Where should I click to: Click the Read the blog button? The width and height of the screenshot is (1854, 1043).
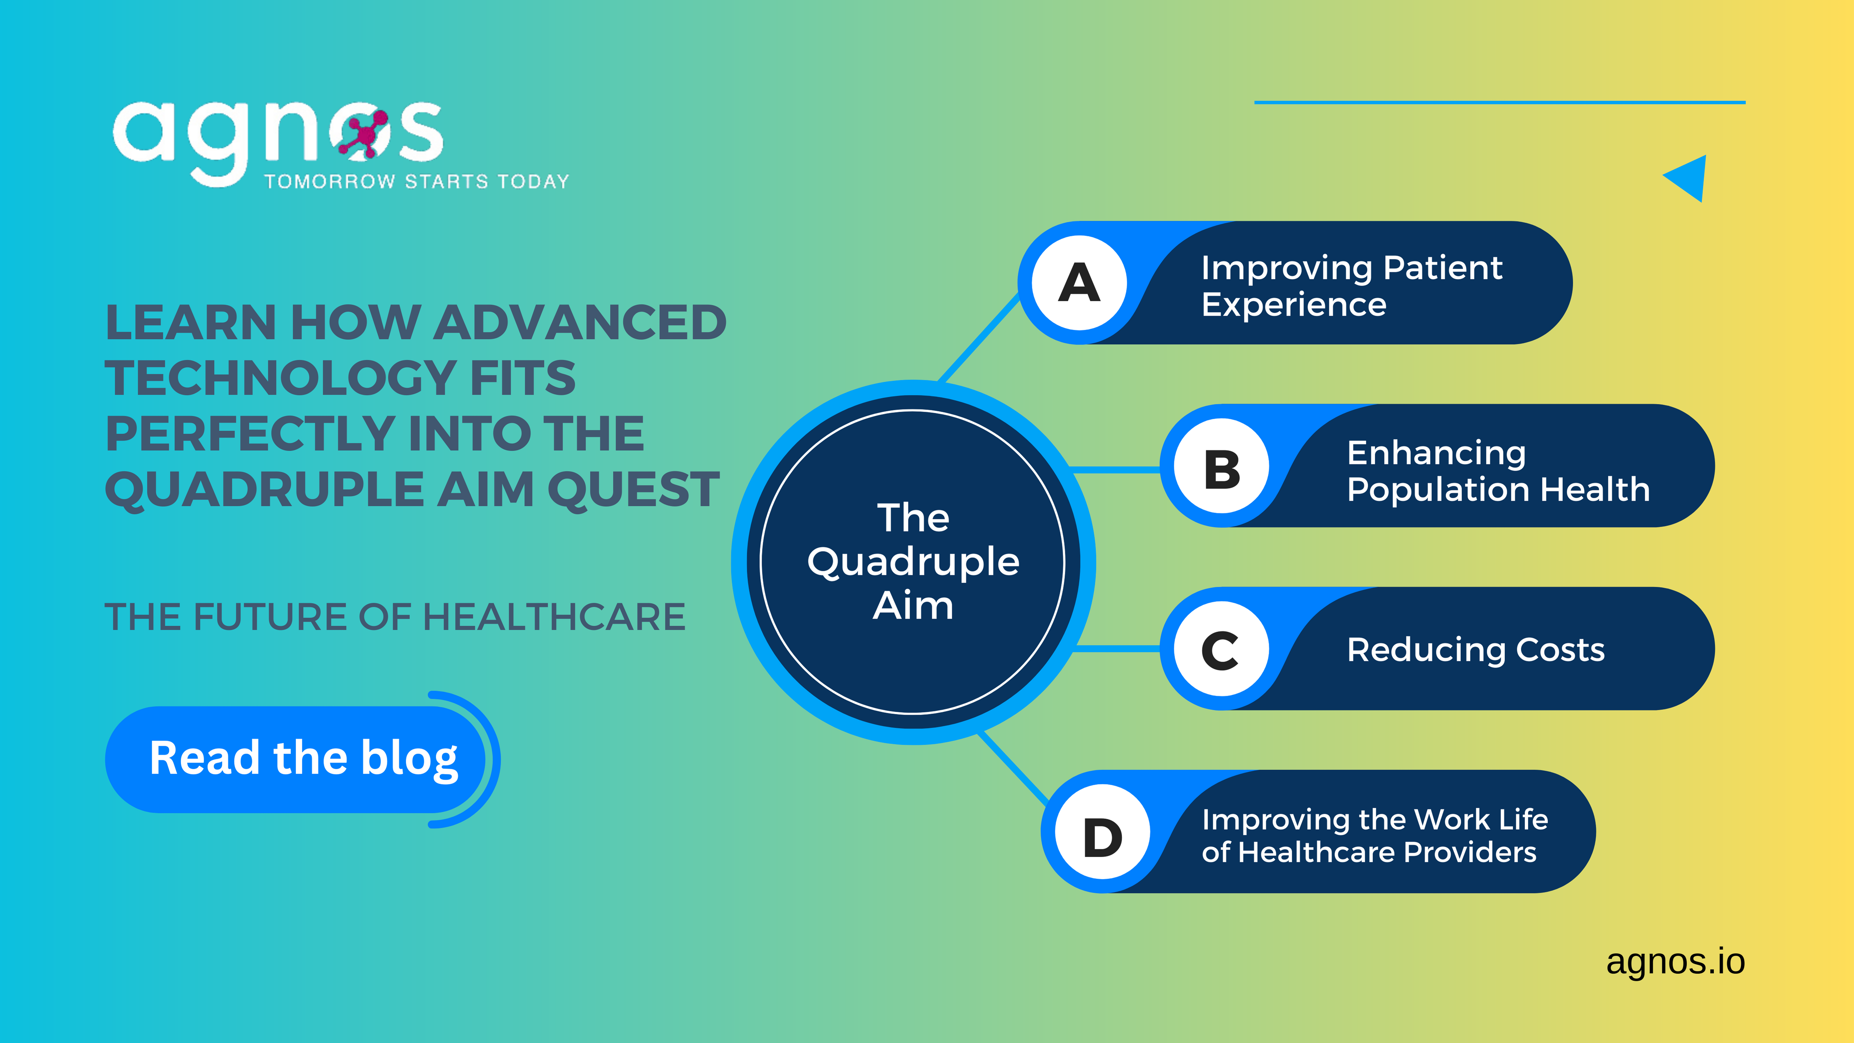pyautogui.click(x=295, y=759)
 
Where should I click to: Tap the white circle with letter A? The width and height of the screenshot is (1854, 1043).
pyautogui.click(x=1079, y=283)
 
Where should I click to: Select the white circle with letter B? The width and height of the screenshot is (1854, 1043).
pyautogui.click(x=1221, y=466)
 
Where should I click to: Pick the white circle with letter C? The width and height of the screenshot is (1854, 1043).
pyautogui.click(x=1221, y=649)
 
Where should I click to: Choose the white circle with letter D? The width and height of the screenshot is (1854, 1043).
pyautogui.click(x=1103, y=831)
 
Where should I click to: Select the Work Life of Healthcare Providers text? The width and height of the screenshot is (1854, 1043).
pyautogui.click(x=1375, y=836)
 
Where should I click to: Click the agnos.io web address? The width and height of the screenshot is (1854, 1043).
pyautogui.click(x=1676, y=962)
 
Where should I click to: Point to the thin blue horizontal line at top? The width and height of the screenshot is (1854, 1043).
pyautogui.click(x=1500, y=102)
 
